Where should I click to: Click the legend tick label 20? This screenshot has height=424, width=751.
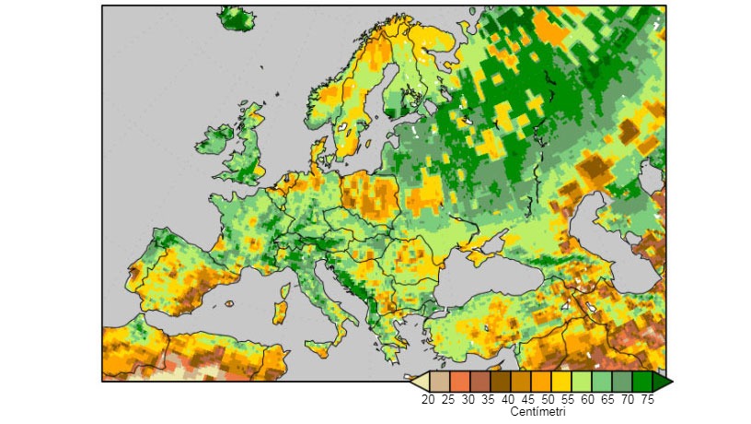[x=428, y=399]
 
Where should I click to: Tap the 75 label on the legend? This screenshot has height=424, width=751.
[x=649, y=399]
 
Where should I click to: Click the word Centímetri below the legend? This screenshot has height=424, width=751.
[x=538, y=412]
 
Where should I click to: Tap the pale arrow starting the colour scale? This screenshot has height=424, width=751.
[x=418, y=381]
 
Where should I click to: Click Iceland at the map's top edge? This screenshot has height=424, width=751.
[x=239, y=18]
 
